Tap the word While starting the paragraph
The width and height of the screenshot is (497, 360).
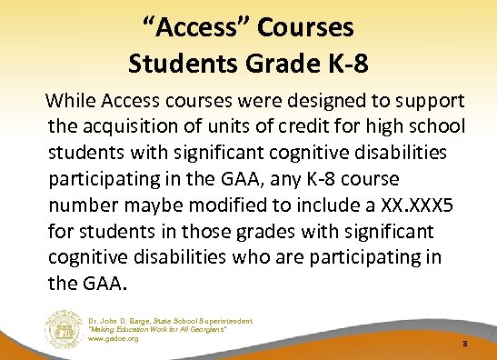(x=81, y=98)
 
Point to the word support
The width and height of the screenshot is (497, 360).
(x=430, y=98)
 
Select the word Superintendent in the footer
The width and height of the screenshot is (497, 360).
(x=222, y=321)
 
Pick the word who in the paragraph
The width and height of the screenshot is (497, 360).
(x=279, y=256)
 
